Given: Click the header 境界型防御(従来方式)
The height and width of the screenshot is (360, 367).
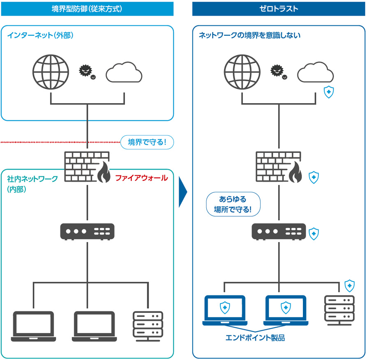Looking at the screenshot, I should tap(87, 8).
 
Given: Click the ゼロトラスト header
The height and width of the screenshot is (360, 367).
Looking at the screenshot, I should tap(279, 8).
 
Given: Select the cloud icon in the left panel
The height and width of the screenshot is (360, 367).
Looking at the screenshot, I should tap(124, 72).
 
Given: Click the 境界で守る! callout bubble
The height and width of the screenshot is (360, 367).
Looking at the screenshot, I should tap(147, 143).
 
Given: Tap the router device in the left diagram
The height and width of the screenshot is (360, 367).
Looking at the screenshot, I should tap(87, 231).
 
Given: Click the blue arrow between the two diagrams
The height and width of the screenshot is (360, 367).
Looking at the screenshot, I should tap(183, 192).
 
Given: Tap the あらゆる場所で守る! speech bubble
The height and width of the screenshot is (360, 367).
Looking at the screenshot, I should tap(233, 204).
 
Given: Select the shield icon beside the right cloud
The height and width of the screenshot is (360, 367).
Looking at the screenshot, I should tap(328, 92).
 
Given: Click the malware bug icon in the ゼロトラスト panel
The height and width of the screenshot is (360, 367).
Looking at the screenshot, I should tap(277, 72).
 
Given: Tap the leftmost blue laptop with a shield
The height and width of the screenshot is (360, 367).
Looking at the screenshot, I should tap(224, 310).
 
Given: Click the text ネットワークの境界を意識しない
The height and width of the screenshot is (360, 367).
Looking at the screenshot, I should tap(250, 35).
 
